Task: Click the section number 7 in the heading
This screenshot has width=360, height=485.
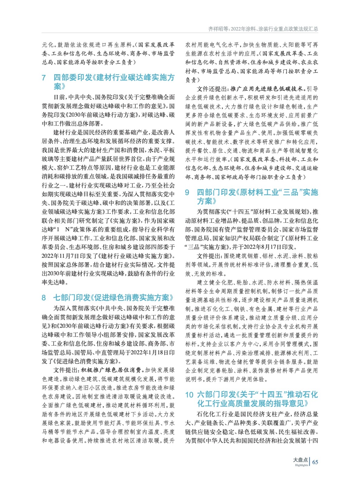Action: click(x=44, y=78)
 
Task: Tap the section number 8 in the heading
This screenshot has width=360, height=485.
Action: click(x=44, y=298)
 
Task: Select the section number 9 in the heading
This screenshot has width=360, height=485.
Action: click(x=187, y=192)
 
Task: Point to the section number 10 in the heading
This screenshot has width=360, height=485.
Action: click(x=189, y=395)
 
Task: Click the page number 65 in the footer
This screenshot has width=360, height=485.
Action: click(x=315, y=462)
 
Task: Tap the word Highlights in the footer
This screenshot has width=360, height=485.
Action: click(x=301, y=465)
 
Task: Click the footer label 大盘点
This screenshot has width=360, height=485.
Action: click(x=300, y=460)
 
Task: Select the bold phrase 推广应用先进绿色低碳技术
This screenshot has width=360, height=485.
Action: click(x=267, y=89)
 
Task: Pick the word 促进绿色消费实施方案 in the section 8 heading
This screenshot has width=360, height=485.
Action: click(x=132, y=298)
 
